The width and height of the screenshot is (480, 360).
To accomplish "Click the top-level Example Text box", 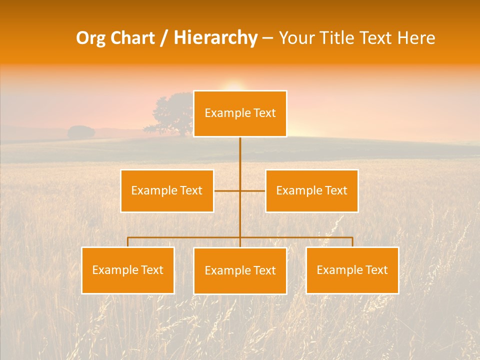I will pyautogui.click(x=240, y=113).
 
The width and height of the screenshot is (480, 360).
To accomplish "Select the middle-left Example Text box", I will pyautogui.click(x=167, y=190).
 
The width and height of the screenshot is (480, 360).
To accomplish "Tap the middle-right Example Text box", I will pyautogui.click(x=311, y=190).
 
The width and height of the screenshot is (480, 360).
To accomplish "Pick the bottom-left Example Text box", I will pyautogui.click(x=128, y=270).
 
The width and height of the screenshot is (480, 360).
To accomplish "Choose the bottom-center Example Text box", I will pyautogui.click(x=240, y=270).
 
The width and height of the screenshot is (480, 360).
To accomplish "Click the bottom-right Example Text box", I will pyautogui.click(x=352, y=270).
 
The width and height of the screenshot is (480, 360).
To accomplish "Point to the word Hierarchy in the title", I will pyautogui.click(x=215, y=38).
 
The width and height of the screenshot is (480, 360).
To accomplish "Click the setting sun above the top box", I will pyautogui.click(x=233, y=86).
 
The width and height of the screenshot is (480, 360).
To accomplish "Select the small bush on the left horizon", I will pyautogui.click(x=81, y=132).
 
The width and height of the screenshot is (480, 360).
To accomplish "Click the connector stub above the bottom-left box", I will pyautogui.click(x=128, y=242).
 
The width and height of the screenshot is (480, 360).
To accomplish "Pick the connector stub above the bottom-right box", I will pyautogui.click(x=352, y=242).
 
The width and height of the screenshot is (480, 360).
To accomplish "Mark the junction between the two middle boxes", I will pyautogui.click(x=240, y=190).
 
